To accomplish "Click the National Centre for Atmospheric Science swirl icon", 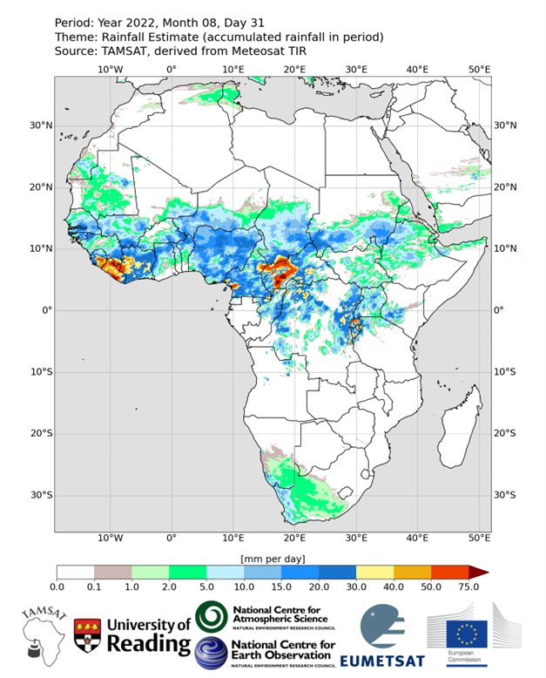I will coord(212,617).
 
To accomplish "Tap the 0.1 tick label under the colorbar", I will coord(94,588).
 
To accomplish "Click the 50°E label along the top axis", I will coord(479,70).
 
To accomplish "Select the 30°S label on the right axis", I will coord(506,495).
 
